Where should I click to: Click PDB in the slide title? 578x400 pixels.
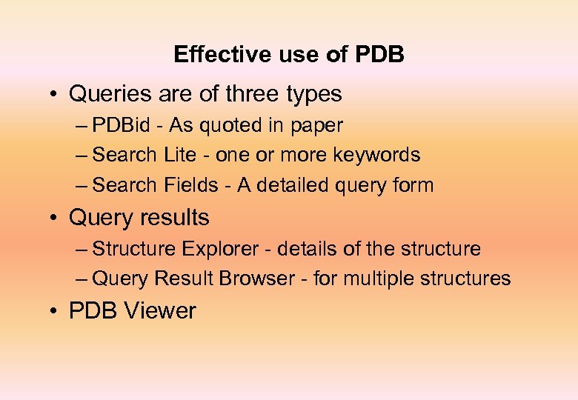(380, 55)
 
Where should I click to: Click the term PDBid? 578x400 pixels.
(121, 125)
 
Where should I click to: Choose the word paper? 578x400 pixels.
(317, 126)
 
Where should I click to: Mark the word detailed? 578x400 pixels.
(285, 185)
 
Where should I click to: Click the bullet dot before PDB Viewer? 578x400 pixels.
(56, 311)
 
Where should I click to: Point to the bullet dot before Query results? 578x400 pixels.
(56, 219)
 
